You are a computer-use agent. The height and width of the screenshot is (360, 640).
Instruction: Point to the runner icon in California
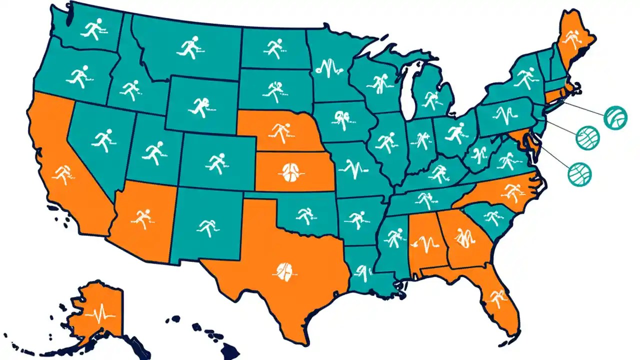tap(62, 174)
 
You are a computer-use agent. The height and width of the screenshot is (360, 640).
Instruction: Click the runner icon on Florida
tap(498, 298)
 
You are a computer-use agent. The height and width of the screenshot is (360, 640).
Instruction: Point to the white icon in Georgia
tap(464, 237)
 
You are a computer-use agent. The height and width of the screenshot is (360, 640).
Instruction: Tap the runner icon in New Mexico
tap(207, 227)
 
